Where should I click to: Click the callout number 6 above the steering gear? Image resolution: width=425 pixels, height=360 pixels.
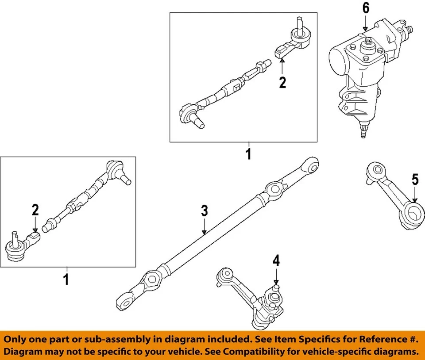(x=366, y=8)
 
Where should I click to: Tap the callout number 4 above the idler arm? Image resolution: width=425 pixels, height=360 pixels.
(x=276, y=261)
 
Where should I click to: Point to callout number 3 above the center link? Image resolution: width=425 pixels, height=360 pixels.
(x=204, y=211)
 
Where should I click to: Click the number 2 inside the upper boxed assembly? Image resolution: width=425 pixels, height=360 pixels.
(x=282, y=82)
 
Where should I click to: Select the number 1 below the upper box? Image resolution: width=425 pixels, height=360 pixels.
(x=248, y=154)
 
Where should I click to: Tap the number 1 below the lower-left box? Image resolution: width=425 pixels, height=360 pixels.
(x=66, y=280)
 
